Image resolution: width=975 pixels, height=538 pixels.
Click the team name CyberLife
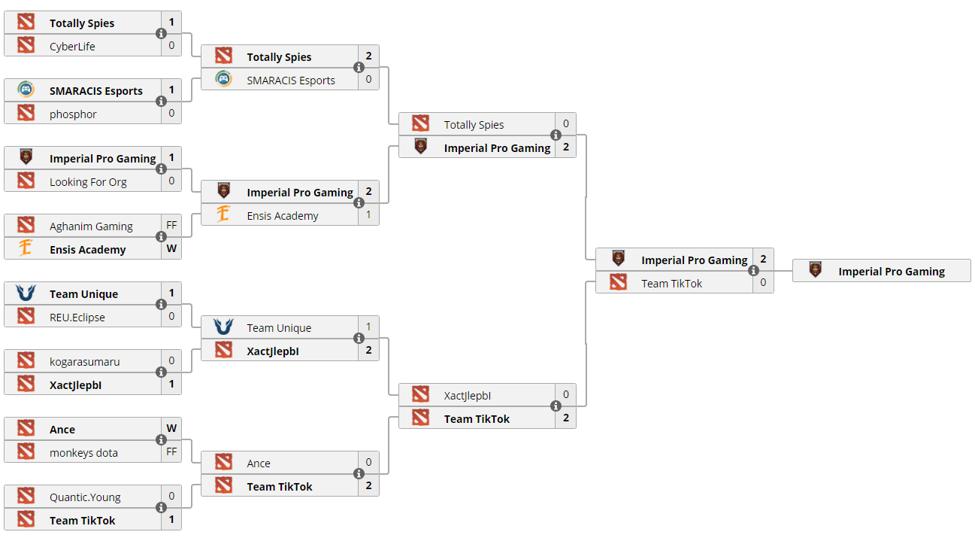tap(72, 46)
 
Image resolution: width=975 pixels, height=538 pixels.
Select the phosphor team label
tap(73, 114)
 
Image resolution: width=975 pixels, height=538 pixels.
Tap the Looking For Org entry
tap(88, 181)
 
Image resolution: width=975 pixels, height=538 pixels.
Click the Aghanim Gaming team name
tap(91, 226)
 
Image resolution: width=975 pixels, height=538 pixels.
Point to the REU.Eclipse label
tap(77, 317)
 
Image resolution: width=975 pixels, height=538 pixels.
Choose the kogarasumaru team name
tap(84, 361)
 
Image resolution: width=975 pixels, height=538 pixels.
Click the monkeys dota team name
tap(83, 452)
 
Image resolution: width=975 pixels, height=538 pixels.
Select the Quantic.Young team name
tap(85, 497)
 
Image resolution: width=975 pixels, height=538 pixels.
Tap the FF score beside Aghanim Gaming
tap(171, 225)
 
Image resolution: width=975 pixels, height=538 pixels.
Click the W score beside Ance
tap(171, 428)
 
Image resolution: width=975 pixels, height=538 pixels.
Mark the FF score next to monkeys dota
tap(171, 451)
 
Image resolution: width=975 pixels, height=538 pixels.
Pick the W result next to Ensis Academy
tap(171, 248)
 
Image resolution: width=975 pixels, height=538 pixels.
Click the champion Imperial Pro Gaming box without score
tap(881, 271)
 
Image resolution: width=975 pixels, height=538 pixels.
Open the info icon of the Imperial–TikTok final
tap(753, 271)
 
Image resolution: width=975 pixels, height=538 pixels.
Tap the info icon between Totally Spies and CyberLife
tap(161, 34)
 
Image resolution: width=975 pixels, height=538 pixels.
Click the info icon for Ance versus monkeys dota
tap(161, 440)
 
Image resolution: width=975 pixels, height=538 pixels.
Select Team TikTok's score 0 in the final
tap(763, 282)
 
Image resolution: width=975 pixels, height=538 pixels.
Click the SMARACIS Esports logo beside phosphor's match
tap(26, 90)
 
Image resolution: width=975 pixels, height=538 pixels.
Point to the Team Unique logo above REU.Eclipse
tap(26, 293)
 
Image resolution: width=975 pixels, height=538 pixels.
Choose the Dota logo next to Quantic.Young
tap(26, 497)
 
